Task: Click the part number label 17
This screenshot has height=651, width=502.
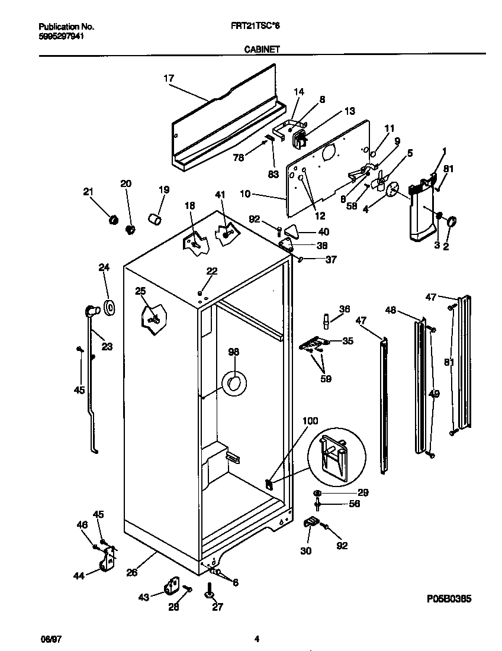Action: click(x=169, y=78)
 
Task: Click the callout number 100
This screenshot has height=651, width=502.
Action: click(x=310, y=421)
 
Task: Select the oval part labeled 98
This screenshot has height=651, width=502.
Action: click(x=233, y=383)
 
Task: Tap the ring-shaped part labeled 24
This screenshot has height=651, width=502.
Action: click(x=109, y=307)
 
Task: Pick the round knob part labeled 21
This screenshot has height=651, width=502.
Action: click(x=111, y=220)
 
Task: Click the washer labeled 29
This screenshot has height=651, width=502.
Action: click(x=318, y=493)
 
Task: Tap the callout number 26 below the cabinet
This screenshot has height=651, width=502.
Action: click(x=132, y=572)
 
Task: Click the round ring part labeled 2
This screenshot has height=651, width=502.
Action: click(x=451, y=222)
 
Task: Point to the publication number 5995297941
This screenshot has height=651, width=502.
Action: click(x=60, y=36)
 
